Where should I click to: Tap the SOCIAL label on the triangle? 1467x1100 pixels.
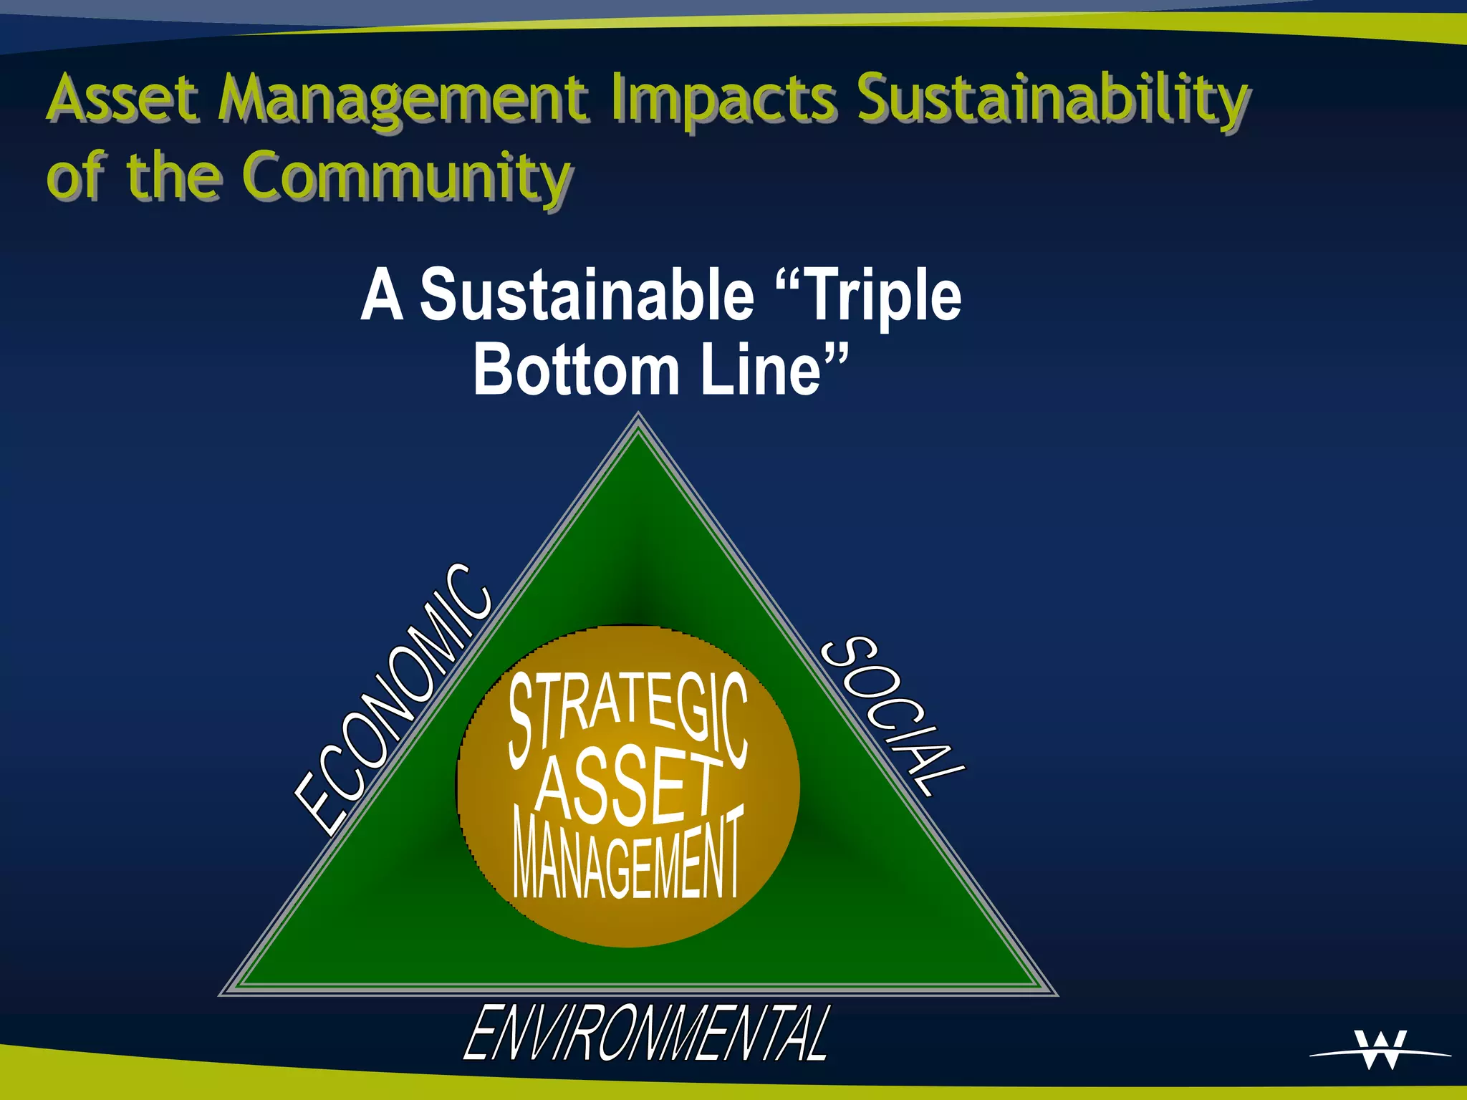(x=892, y=715)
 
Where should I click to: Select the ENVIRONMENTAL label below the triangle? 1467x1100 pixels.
(x=647, y=1033)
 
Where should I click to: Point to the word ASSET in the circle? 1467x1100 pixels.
(x=628, y=786)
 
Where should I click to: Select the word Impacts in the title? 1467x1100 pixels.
(x=723, y=100)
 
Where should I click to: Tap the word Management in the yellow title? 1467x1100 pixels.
(x=404, y=100)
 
